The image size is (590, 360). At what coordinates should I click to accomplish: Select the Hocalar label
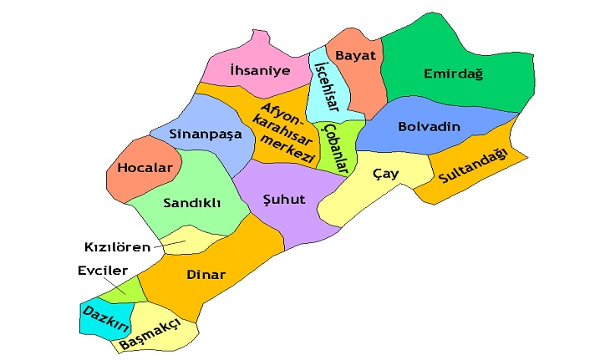point(145,167)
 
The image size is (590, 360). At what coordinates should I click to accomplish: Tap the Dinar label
point(206,272)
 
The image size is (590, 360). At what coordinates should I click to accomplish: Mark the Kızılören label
point(118,246)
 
